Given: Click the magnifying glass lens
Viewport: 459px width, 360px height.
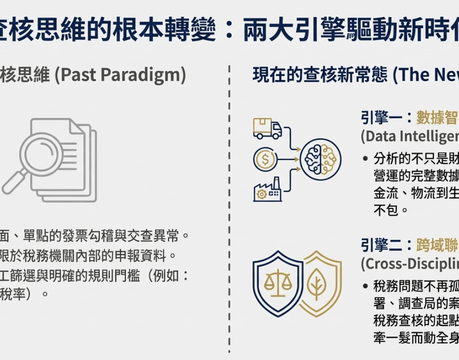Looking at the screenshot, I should click(43, 155).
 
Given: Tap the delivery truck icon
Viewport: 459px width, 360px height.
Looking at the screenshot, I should click(267, 129).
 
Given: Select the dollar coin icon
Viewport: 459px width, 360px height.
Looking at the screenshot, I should click(265, 158).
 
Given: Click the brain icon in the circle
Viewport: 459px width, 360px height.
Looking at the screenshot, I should click(320, 159).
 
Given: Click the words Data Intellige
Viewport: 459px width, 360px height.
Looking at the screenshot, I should click(410, 136).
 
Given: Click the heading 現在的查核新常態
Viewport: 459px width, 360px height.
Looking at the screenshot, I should click(320, 75).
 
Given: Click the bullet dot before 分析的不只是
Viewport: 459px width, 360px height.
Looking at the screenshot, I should click(366, 158).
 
